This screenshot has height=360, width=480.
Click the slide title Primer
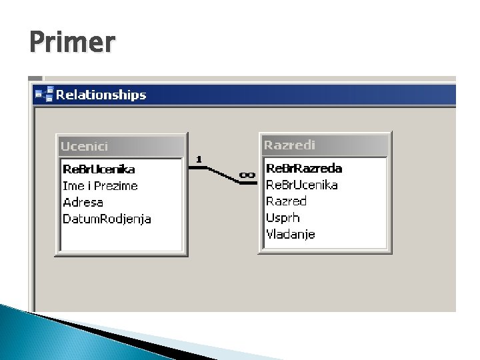coord(73,42)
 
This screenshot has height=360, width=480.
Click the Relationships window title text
coord(101,95)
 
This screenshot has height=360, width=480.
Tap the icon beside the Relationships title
coord(45,94)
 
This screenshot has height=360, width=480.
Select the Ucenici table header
coord(84,146)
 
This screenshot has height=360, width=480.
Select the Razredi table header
coord(289,145)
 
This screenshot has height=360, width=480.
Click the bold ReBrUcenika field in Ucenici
coord(99,169)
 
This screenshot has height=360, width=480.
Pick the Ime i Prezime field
coord(100,186)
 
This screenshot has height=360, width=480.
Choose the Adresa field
coord(83,203)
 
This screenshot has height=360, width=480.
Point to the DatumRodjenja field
coord(107,219)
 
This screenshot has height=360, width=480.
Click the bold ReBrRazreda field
coord(304,169)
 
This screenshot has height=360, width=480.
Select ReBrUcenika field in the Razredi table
coord(302,185)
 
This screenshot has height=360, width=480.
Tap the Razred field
coord(286,201)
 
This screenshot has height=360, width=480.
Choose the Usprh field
coord(283,218)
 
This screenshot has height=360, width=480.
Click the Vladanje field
coord(291,234)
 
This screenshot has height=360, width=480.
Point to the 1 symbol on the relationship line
coord(199,159)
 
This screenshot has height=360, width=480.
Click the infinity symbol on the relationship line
coord(247,175)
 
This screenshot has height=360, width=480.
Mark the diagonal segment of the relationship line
coord(223,175)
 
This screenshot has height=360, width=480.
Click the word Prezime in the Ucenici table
coord(116,186)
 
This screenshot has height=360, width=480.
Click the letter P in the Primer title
coord(37,42)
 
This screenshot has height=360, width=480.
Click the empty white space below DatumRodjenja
coord(121,238)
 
